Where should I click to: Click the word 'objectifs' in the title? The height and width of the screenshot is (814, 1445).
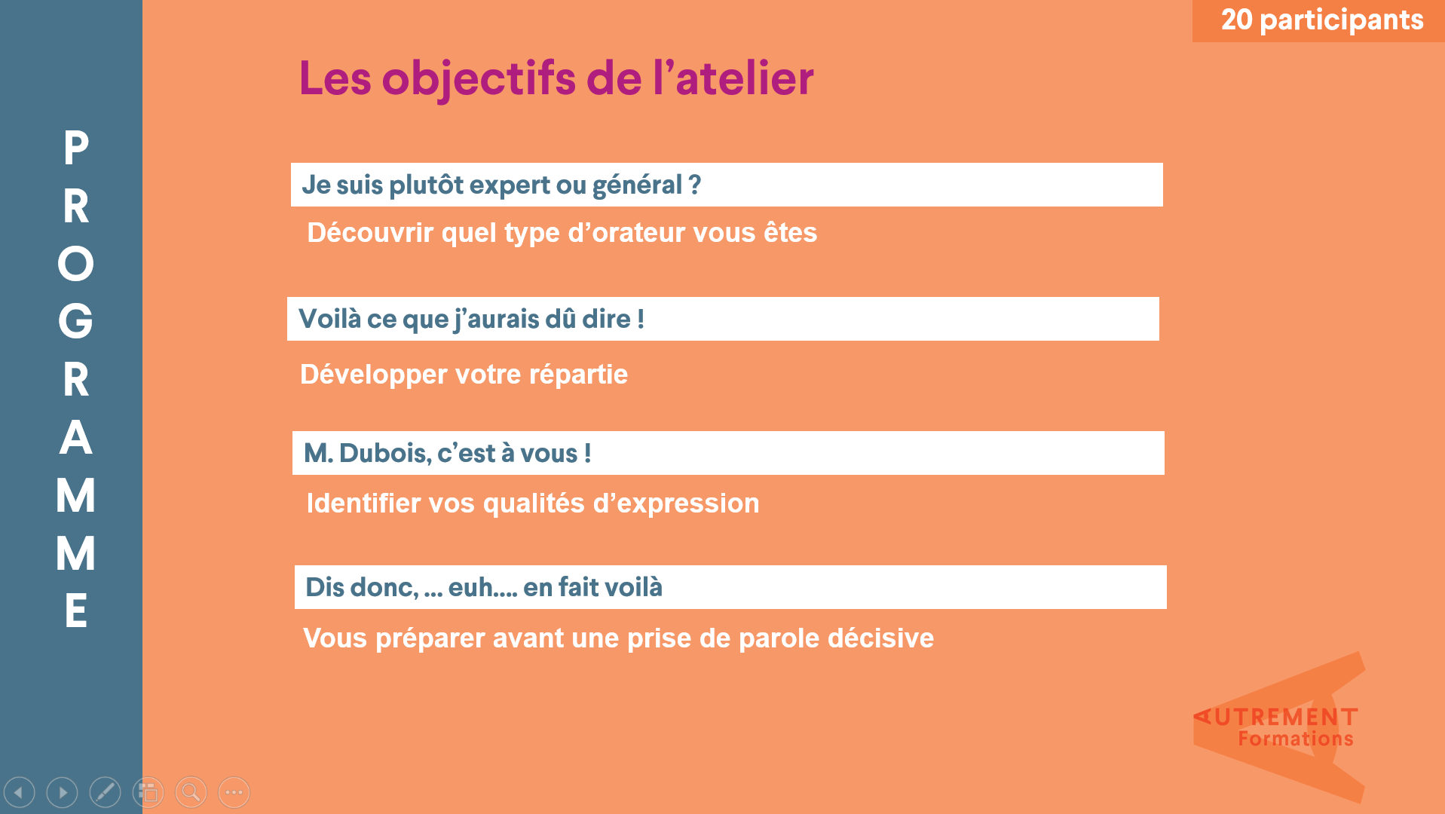point(479,78)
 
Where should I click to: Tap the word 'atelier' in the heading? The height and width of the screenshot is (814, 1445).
point(745,78)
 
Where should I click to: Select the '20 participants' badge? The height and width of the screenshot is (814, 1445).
point(1318,20)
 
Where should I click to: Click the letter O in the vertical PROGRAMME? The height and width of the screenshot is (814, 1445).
point(75,264)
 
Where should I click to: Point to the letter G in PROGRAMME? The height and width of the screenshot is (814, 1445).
point(75,322)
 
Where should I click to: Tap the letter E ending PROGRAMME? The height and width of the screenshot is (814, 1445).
point(75,610)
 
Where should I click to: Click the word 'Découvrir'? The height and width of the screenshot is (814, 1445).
point(370,233)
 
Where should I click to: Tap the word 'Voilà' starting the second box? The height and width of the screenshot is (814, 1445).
point(330,319)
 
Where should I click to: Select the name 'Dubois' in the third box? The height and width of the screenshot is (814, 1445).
point(385,454)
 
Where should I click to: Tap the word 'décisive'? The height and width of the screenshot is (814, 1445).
point(880,638)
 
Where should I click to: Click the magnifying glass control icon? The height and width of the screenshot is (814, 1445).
point(191,792)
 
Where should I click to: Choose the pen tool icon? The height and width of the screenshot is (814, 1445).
point(105,792)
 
